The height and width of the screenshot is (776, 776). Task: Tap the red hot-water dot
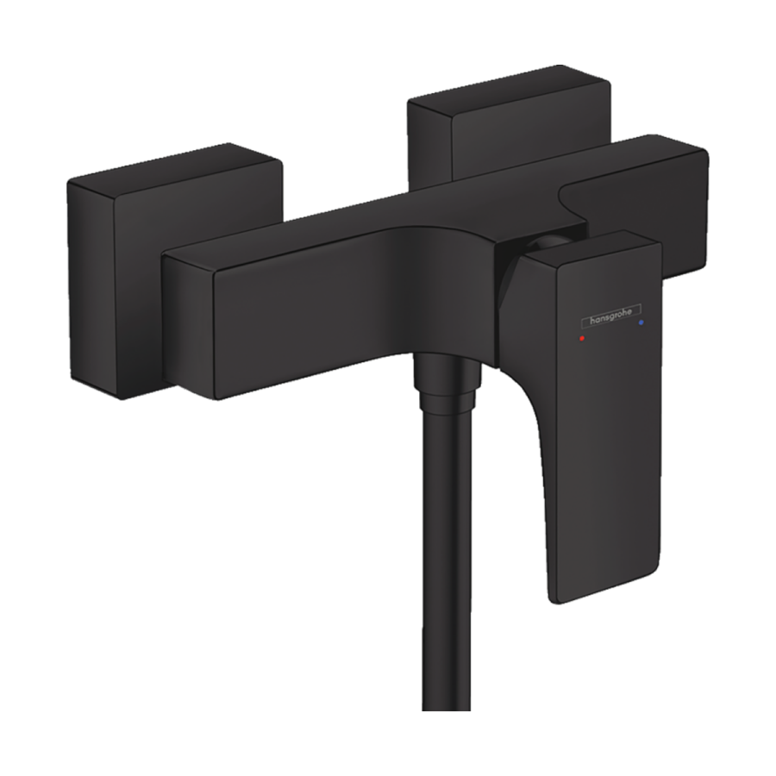(581, 339)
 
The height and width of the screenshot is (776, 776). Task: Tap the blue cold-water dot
(641, 322)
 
